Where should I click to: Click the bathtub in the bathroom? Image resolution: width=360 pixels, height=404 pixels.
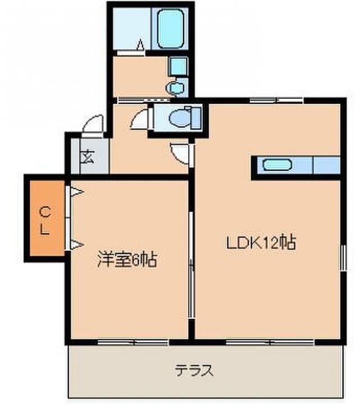pos(172,29)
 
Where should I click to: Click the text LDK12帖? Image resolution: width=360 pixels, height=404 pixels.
pos(261,242)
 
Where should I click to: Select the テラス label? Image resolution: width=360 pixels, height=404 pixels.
pos(194,370)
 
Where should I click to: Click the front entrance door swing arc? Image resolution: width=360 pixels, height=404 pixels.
pos(93,125)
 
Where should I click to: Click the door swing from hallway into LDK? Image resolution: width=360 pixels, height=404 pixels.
pos(181,152)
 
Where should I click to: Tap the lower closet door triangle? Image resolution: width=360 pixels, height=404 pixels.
pos(76,244)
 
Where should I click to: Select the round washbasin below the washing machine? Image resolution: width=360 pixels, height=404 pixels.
pos(176,88)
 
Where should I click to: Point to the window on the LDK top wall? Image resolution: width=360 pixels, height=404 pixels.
pos(275,101)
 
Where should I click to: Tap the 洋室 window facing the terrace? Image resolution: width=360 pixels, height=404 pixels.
pos(133,341)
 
